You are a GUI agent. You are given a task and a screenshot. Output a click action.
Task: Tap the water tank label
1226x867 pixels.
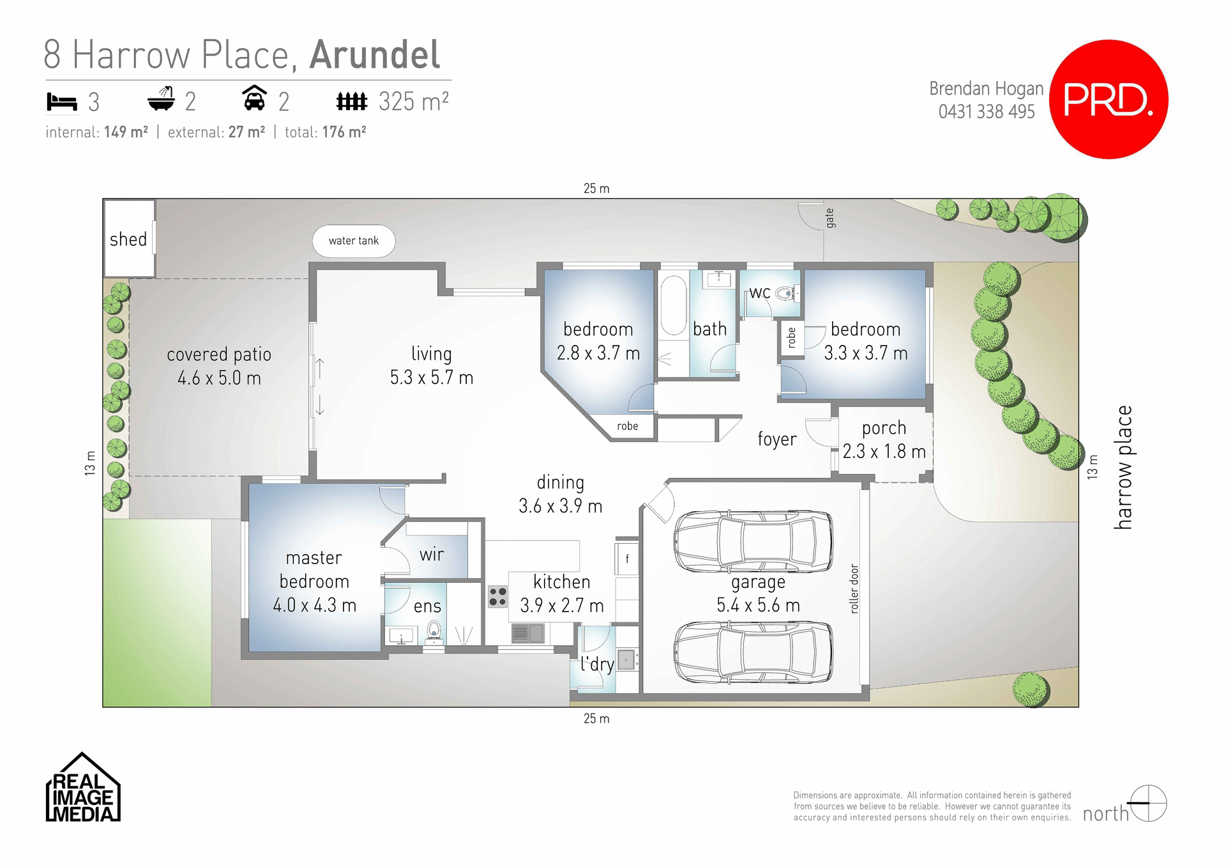click(x=353, y=241)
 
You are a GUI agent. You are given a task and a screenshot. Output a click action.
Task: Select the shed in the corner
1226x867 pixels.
click(x=129, y=238)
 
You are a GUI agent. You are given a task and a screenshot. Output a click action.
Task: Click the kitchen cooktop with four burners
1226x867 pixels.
click(x=497, y=597)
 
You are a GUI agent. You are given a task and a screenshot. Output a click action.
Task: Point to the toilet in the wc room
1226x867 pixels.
click(x=785, y=293)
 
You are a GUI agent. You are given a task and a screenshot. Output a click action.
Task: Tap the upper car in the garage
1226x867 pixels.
click(x=753, y=541)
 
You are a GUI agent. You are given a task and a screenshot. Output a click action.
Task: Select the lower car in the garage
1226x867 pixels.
click(x=753, y=652)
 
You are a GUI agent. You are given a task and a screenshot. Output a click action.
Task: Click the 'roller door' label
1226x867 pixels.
click(x=854, y=588)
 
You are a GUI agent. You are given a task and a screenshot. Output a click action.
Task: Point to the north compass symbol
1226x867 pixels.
click(x=1147, y=803)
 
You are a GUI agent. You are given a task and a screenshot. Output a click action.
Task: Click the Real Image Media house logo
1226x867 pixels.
click(x=82, y=788)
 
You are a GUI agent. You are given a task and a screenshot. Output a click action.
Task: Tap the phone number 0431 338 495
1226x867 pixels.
click(x=986, y=112)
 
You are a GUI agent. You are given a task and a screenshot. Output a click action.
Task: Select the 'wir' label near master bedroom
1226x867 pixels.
click(x=432, y=555)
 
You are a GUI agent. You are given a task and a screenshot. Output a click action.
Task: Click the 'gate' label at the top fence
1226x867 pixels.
click(x=829, y=218)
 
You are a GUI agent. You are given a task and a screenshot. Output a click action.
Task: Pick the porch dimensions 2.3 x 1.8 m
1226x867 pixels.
click(x=884, y=452)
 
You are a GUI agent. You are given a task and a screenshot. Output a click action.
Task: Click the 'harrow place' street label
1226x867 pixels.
click(x=1123, y=467)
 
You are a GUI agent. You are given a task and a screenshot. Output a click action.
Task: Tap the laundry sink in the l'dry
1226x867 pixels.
click(x=626, y=659)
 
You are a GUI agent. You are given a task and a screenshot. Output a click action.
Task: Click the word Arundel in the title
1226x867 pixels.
click(x=375, y=55)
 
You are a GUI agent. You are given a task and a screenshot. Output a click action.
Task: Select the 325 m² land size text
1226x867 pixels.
click(x=413, y=102)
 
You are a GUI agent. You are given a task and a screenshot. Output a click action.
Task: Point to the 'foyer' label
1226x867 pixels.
click(x=776, y=440)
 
